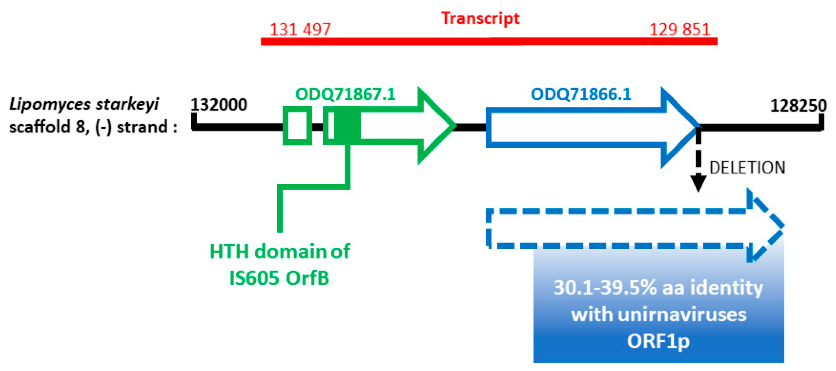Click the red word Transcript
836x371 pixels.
pos(480,18)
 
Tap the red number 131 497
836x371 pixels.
pos(300,30)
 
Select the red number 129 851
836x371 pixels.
pos(680,30)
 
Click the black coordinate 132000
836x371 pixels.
pos(218,105)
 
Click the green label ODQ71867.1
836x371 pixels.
pos(345,94)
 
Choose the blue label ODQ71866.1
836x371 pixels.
pos(580,94)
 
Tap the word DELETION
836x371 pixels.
pos(747,168)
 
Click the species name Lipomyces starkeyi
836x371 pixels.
pos(84,105)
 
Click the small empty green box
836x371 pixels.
pos(297,126)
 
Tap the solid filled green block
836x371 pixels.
pos(347,126)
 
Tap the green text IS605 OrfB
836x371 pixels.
pos(279,278)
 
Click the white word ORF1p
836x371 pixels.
pos(658,341)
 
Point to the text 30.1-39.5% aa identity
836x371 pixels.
pos(658,288)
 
